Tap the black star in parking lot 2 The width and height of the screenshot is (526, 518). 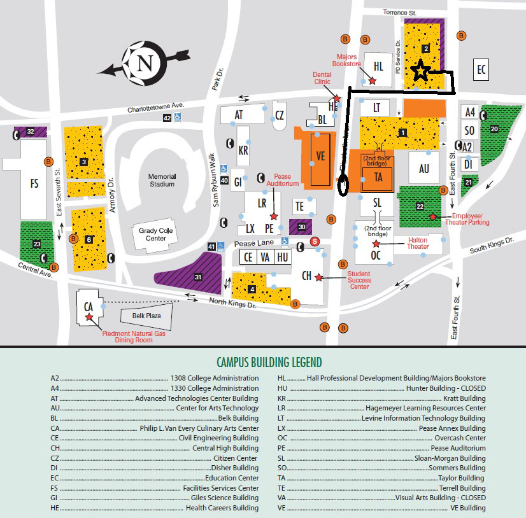[x=420, y=71]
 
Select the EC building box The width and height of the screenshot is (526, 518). [x=481, y=69]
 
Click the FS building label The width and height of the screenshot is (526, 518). [x=34, y=183]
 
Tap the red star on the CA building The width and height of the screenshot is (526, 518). [x=89, y=316]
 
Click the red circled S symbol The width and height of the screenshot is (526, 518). [x=314, y=241]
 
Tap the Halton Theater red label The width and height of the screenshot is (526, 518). [x=418, y=243]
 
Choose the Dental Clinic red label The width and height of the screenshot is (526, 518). [x=322, y=78]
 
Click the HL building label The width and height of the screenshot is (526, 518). [x=379, y=66]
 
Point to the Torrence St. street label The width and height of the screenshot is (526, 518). [x=417, y=11]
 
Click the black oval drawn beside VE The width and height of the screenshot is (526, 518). [x=344, y=185]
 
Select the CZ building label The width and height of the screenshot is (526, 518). [x=279, y=115]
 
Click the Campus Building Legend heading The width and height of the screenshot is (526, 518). [x=269, y=363]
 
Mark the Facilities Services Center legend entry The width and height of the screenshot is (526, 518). [x=220, y=488]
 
